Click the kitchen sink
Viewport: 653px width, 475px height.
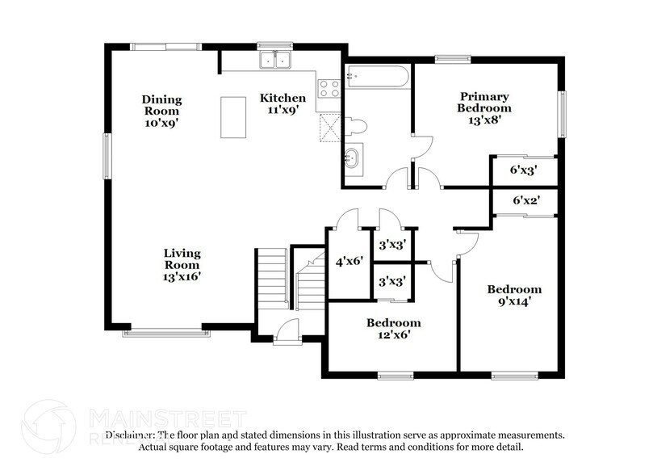point(275,60)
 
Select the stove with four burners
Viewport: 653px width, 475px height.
point(329,88)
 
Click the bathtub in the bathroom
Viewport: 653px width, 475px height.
point(377,79)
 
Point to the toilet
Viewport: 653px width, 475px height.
point(355,126)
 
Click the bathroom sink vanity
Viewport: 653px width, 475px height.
point(353,158)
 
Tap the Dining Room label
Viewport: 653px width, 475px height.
point(162,105)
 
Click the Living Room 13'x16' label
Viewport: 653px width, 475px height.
point(182,265)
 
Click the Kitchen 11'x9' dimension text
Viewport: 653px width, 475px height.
point(283,110)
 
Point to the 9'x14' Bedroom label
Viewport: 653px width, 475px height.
point(513,296)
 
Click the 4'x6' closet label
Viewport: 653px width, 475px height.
point(350,261)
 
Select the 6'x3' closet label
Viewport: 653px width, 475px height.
point(523,170)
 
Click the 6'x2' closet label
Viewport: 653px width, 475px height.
point(525,200)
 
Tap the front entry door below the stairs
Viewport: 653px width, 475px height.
point(287,333)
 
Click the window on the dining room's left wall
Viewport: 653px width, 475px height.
point(107,156)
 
